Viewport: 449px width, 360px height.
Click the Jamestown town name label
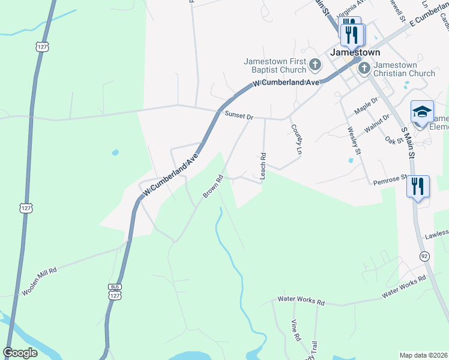click(355, 52)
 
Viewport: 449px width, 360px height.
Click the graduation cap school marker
click(422, 112)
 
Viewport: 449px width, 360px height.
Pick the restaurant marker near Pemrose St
click(418, 186)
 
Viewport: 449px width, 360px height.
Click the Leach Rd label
click(262, 166)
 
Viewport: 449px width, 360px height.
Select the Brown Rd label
click(213, 187)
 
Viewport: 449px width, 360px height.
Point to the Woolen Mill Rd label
click(40, 280)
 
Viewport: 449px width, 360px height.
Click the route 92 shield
click(425, 256)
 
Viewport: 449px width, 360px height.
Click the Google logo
click(20, 353)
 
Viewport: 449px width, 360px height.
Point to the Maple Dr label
click(367, 107)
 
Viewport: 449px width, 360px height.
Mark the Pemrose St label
click(390, 180)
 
